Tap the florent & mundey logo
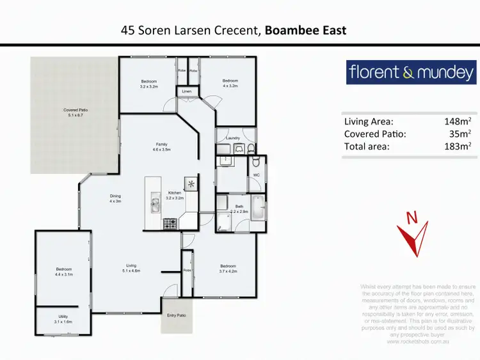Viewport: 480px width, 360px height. click(x=411, y=72)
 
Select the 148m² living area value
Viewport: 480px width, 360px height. click(x=458, y=121)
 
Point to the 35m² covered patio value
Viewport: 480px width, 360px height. click(x=461, y=134)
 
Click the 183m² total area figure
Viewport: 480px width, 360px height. click(x=458, y=146)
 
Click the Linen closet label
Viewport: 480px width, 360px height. click(x=186, y=92)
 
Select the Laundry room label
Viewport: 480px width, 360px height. click(x=232, y=137)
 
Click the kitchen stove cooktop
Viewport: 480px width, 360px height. click(x=171, y=224)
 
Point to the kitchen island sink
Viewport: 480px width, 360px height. click(x=156, y=205)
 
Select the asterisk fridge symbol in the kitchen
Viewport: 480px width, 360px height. click(x=191, y=182)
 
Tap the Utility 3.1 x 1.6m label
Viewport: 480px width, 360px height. click(x=63, y=319)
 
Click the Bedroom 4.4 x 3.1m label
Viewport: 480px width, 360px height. click(x=63, y=272)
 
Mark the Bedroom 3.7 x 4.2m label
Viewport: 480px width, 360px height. click(x=229, y=269)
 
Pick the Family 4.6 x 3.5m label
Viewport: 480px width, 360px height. click(x=161, y=146)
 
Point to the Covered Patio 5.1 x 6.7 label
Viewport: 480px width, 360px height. click(x=75, y=113)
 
